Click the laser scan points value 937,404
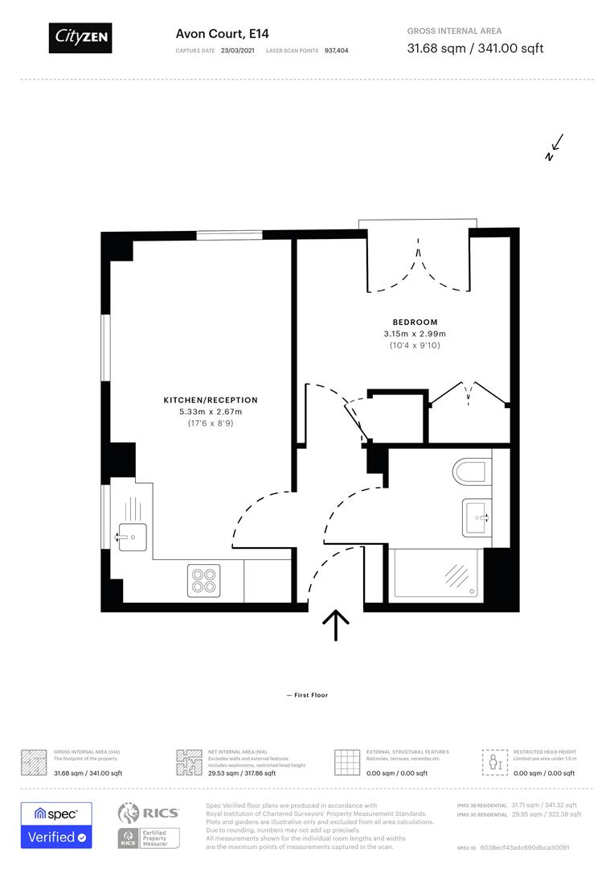(x=336, y=50)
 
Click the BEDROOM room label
(x=415, y=322)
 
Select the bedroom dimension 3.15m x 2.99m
(x=415, y=334)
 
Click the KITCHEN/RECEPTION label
(x=211, y=400)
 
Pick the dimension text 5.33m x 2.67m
(x=211, y=412)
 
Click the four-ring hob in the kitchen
(x=204, y=579)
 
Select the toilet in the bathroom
(x=471, y=472)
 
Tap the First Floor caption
(x=307, y=695)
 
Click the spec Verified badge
(x=56, y=825)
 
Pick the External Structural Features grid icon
(x=346, y=762)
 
